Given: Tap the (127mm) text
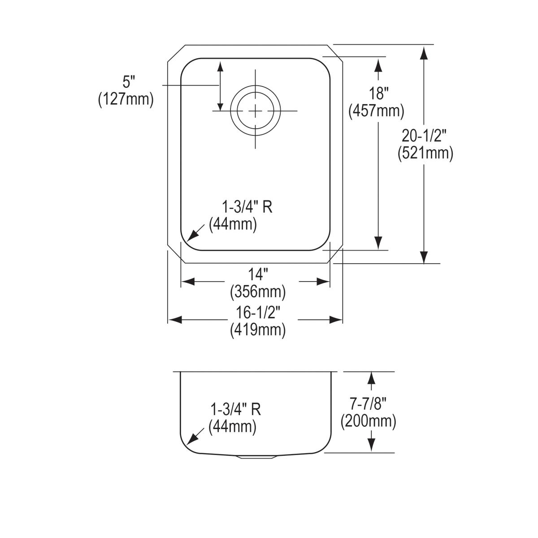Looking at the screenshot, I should [x=126, y=100].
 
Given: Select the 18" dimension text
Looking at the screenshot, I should [x=377, y=94].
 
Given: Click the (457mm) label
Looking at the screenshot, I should [x=376, y=110].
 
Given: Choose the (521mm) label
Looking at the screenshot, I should [x=425, y=153].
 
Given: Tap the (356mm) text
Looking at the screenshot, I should [x=258, y=292].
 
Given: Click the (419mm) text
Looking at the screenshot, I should [x=258, y=330].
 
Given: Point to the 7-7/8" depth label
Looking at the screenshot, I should [x=368, y=404].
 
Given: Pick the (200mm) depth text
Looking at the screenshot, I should [x=368, y=421].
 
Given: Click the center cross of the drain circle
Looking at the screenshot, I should [x=255, y=111].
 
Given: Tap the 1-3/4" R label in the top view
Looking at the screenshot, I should [x=247, y=207].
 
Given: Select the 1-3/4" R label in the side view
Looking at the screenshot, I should [x=236, y=409].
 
